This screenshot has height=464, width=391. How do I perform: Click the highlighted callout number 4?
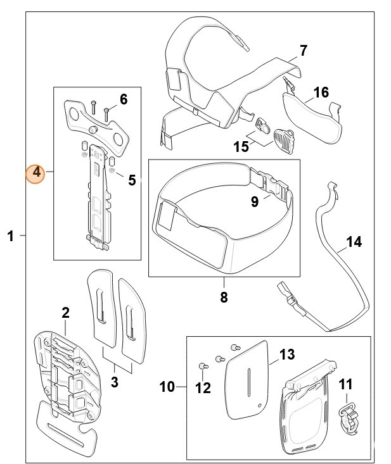click(36, 172)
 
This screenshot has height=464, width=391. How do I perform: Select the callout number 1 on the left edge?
click(10, 236)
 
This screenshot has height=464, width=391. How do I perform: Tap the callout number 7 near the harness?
click(303, 50)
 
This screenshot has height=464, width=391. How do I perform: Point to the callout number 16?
click(321, 92)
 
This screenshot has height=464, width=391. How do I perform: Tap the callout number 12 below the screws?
click(203, 387)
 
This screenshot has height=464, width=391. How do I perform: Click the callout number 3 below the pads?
click(115, 382)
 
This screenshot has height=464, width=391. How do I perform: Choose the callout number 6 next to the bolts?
click(123, 99)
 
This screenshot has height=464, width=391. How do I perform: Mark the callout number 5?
click(132, 180)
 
